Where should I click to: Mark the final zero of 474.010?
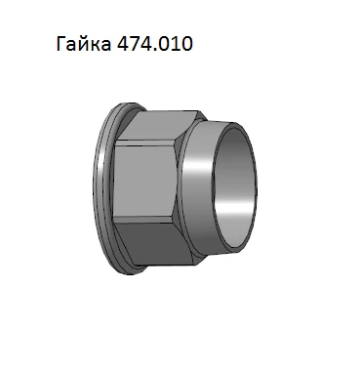195,45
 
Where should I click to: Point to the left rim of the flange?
100,185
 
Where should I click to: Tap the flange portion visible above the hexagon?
122,106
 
